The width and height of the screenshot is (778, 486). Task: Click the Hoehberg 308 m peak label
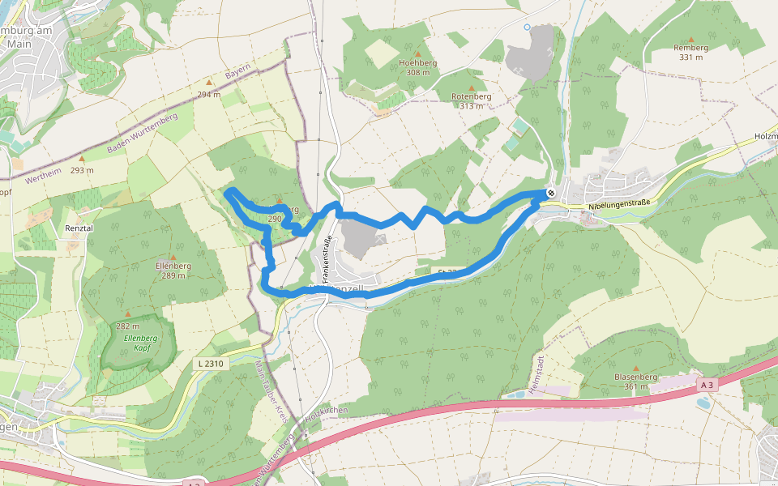coord(418,67)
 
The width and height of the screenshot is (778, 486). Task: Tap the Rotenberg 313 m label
coord(472,100)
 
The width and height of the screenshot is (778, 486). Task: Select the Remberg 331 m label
coord(690,52)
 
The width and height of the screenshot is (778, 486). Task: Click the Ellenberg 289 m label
coord(173,270)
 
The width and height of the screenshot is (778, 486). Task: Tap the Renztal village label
coord(79,228)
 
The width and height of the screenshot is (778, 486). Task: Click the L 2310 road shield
coord(210,364)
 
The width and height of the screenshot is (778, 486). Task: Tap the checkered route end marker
coord(550,192)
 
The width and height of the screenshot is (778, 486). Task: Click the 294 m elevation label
coord(208,94)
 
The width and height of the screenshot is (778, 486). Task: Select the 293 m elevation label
coord(82,170)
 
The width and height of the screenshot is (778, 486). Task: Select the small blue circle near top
coord(527,27)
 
